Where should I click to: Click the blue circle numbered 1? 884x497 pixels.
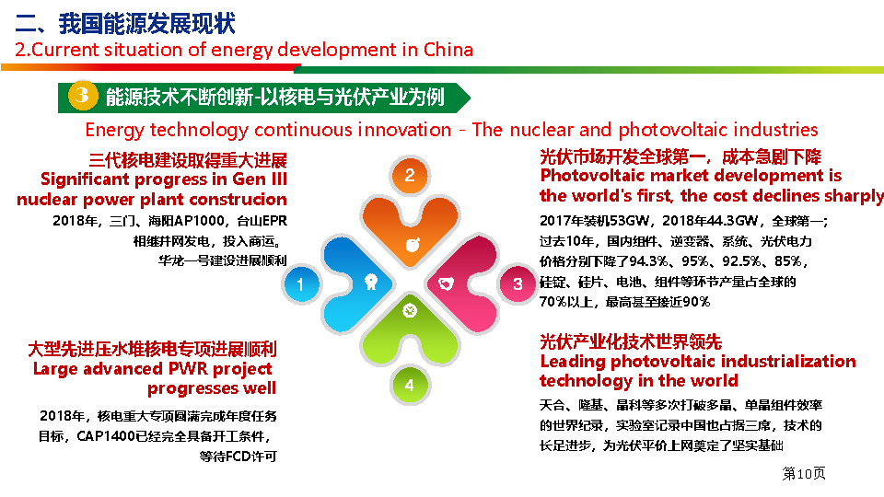tap(300, 284)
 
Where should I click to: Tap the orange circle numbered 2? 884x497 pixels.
tap(410, 175)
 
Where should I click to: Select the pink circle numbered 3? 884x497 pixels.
tap(518, 284)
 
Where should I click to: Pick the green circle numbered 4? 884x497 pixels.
tap(409, 386)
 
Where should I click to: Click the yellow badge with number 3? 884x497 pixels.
tap(83, 95)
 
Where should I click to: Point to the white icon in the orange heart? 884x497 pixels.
tap(413, 245)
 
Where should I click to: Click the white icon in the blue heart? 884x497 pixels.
tap(370, 282)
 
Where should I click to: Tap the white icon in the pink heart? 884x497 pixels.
tap(446, 283)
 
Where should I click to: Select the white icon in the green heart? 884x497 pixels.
tap(410, 310)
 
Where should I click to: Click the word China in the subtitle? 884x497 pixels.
tap(448, 50)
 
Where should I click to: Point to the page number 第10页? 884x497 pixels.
tap(803, 473)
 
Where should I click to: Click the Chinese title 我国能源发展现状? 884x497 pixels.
tap(146, 23)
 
